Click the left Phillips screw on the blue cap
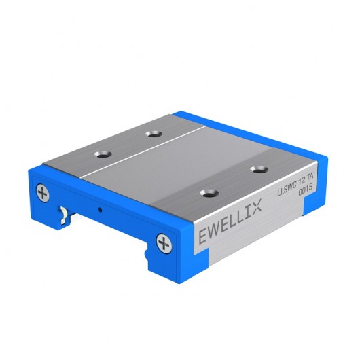pos(43,194)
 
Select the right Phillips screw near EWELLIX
pos(163,242)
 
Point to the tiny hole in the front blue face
pos(99,209)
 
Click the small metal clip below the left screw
pos(62,216)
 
